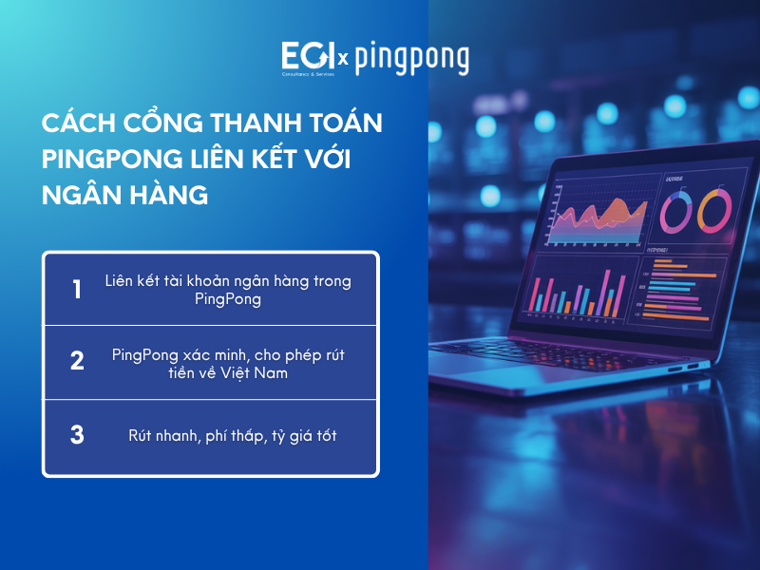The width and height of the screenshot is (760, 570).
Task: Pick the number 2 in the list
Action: tap(77, 362)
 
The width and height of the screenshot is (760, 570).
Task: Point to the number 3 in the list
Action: tap(77, 435)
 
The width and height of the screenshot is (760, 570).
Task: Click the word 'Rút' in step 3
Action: tap(141, 436)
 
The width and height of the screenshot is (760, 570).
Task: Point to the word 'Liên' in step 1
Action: tap(123, 281)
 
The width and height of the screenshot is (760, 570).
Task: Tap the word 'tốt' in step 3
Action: tap(323, 436)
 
